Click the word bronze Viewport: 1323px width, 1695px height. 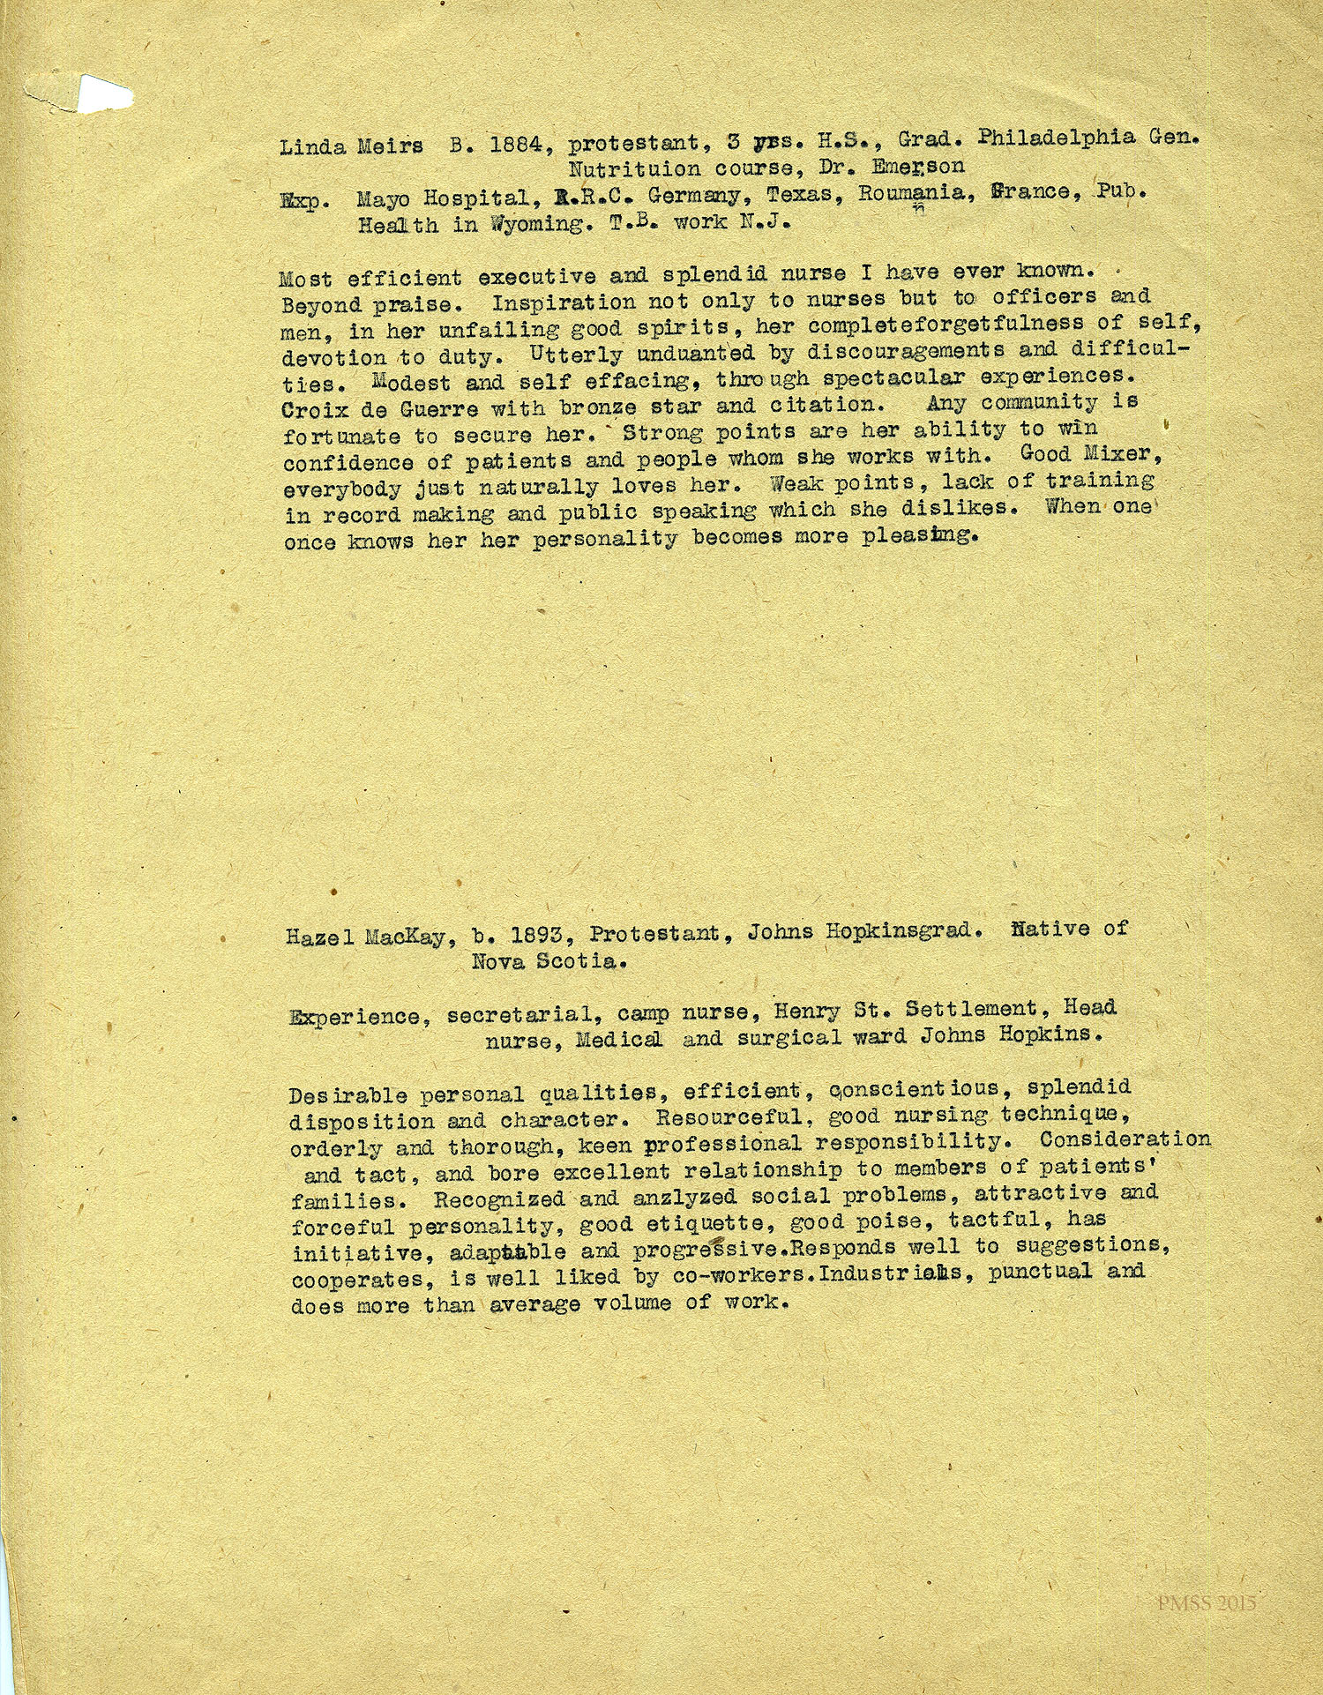tap(593, 407)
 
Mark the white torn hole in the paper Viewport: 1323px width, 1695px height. tap(103, 94)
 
